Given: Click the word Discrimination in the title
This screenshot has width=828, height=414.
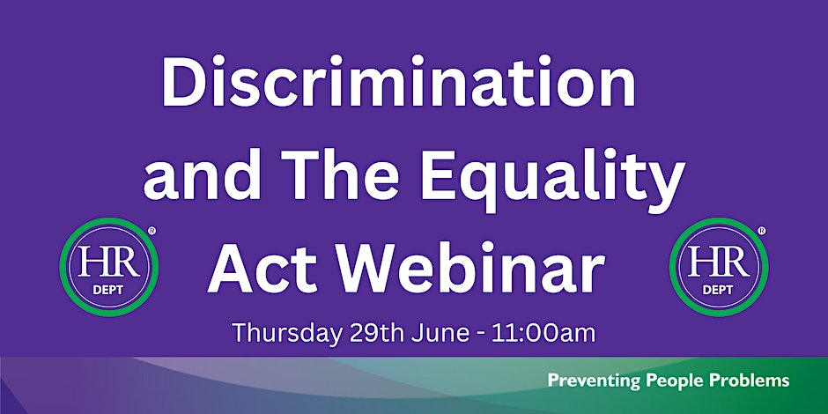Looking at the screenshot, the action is tap(399, 81).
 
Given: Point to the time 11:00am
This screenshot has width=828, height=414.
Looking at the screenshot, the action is tap(543, 333).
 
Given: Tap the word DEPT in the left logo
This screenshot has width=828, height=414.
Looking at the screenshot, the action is tap(108, 291).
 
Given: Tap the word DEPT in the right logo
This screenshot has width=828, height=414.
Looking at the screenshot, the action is tap(718, 291).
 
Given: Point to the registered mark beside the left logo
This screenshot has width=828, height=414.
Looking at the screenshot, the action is tap(152, 231).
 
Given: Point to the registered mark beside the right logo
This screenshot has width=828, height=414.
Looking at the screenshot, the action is tap(761, 231).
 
